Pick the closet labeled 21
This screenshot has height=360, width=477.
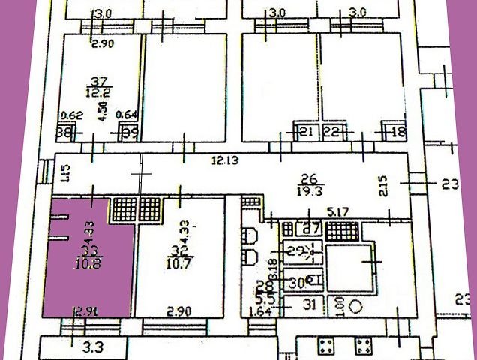pyautogui.click(x=305, y=132)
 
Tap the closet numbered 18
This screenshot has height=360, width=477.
pyautogui.click(x=398, y=132)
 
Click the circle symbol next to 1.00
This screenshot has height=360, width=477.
pyautogui.click(x=357, y=306)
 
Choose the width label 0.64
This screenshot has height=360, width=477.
pyautogui.click(x=128, y=115)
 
